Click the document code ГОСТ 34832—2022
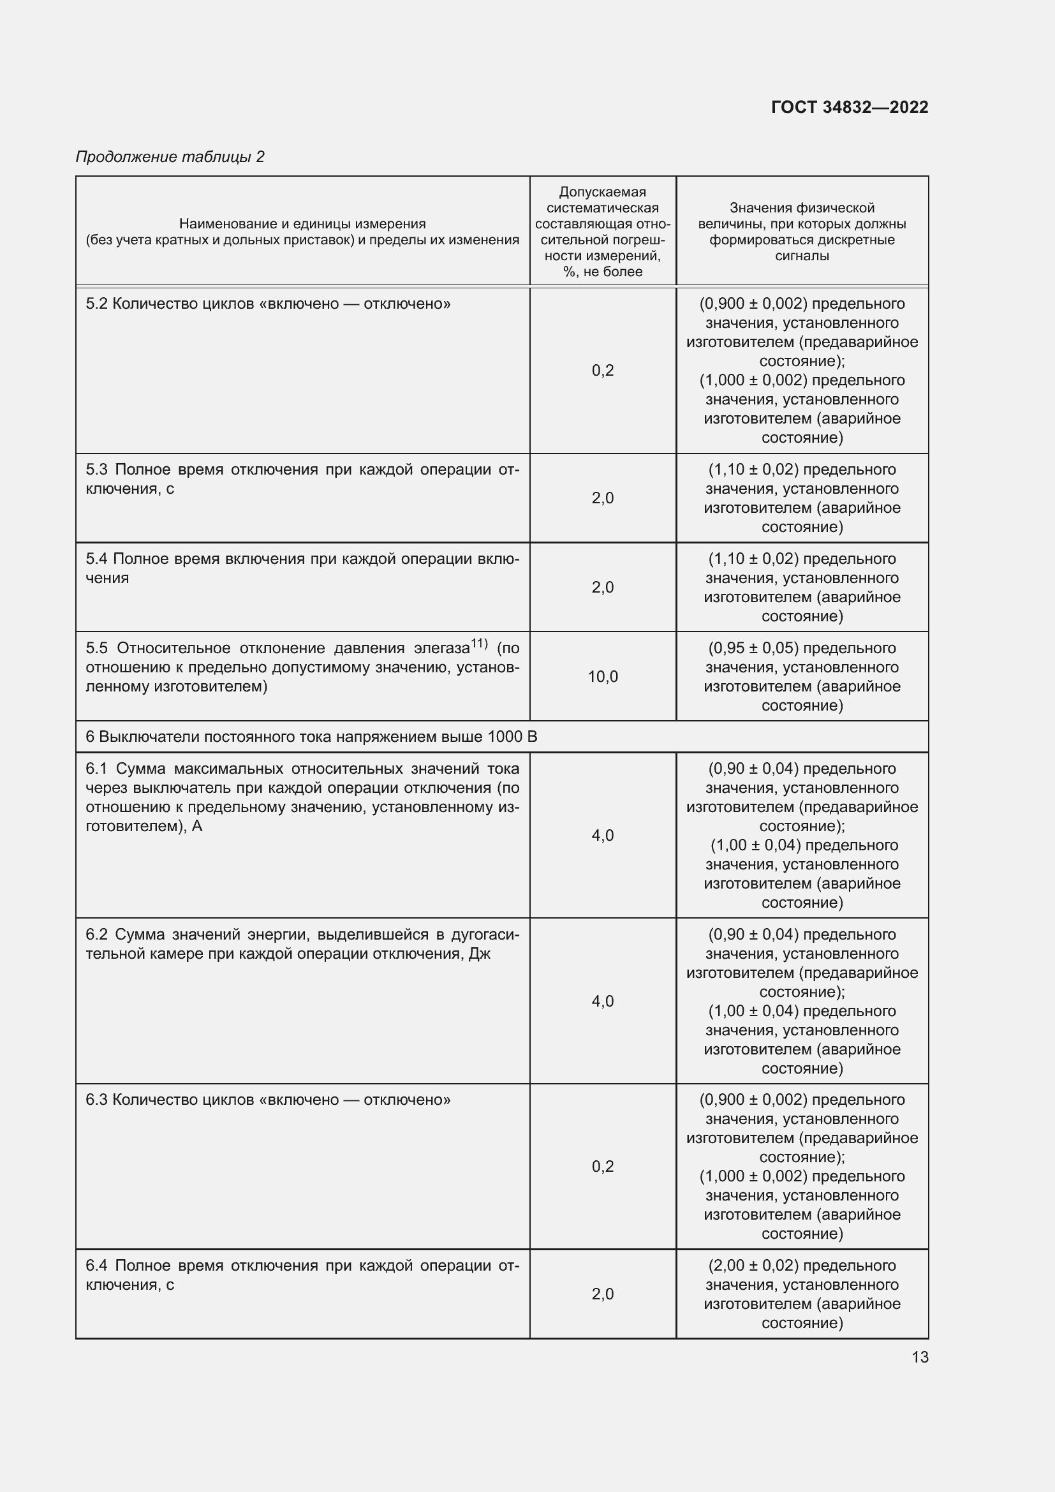(849, 107)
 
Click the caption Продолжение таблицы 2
(170, 157)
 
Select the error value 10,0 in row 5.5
(603, 676)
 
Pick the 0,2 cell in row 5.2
(603, 371)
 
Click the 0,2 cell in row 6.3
(603, 1167)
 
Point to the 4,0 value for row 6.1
(603, 835)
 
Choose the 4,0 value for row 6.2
(603, 1001)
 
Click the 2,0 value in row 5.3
(603, 498)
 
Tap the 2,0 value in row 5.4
(603, 587)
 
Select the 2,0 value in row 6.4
(603, 1294)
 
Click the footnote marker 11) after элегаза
(479, 644)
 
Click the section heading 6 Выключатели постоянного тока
(311, 737)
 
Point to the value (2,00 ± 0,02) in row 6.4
(752, 1265)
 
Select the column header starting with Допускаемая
(603, 232)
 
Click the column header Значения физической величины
(802, 232)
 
